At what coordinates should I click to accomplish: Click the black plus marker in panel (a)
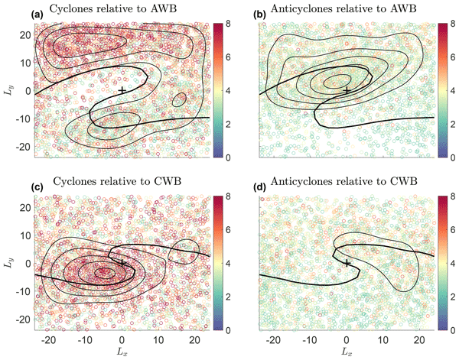[122, 91]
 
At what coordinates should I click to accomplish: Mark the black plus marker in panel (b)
[347, 91]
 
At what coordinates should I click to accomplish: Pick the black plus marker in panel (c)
[122, 263]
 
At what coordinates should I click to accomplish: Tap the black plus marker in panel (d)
[347, 263]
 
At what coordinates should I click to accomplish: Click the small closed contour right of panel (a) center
[180, 99]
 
